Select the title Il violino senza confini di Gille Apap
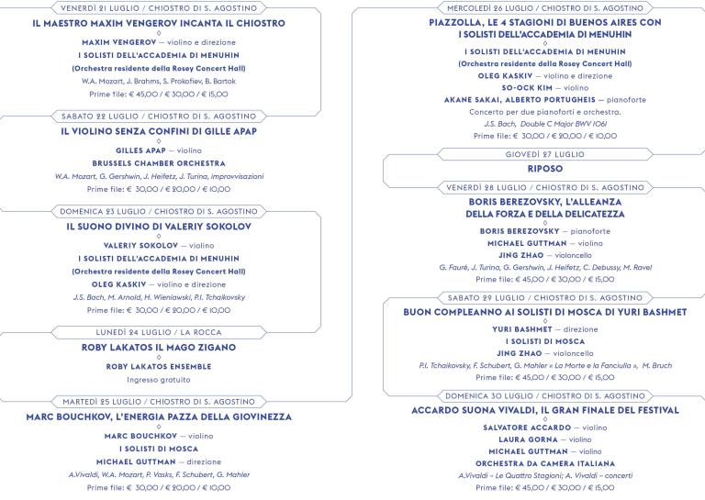(159, 131)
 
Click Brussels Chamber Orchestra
(159, 162)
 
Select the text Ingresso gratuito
(159, 379)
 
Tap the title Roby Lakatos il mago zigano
(159, 348)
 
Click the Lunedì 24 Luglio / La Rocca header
(159, 331)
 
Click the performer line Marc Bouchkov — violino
(159, 436)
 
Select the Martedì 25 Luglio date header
(159, 402)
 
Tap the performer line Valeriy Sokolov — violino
(159, 246)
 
